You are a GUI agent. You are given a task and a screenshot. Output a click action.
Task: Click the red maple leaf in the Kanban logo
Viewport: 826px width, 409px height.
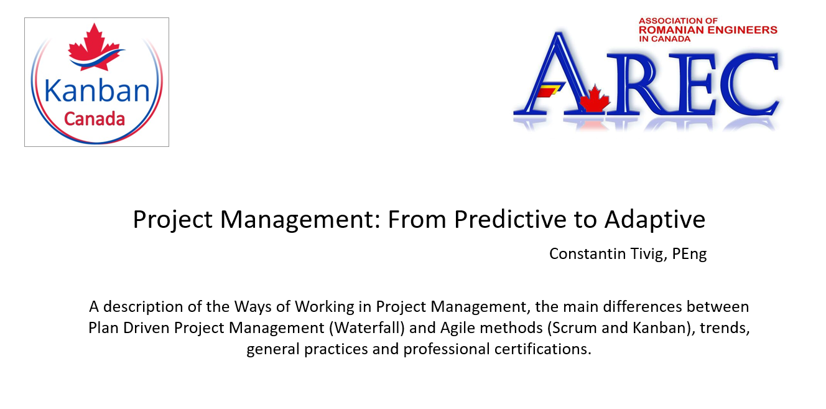pyautogui.click(x=95, y=46)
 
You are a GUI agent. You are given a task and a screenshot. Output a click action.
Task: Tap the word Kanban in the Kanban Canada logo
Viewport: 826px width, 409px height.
pyautogui.click(x=97, y=91)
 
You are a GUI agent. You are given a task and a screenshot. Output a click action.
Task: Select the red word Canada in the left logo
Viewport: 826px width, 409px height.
pyautogui.click(x=95, y=120)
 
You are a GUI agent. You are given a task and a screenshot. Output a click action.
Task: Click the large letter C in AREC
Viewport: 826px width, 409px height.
pyautogui.click(x=749, y=83)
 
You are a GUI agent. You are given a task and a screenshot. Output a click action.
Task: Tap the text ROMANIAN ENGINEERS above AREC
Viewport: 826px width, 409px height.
pyautogui.click(x=708, y=30)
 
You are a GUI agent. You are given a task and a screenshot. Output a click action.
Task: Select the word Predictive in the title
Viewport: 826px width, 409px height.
pyautogui.click(x=510, y=219)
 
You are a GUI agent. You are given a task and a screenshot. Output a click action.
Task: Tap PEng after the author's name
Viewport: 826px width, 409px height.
pyautogui.click(x=689, y=255)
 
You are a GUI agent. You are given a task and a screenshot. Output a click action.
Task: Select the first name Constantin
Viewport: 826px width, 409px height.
pyautogui.click(x=587, y=254)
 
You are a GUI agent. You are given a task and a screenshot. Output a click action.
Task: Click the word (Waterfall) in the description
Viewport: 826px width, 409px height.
pyautogui.click(x=367, y=328)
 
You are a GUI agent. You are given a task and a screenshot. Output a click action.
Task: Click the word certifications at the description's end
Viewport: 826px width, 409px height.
pyautogui.click(x=543, y=349)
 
